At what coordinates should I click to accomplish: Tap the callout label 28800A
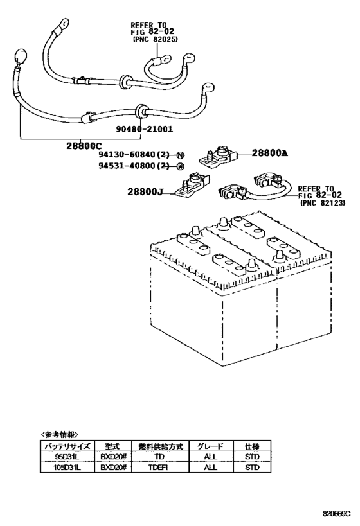pyautogui.click(x=270, y=152)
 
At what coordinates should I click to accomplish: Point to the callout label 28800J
pyautogui.click(x=148, y=191)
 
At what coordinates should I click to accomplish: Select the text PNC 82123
pyautogui.click(x=323, y=202)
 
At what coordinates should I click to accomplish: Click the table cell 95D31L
pyautogui.click(x=66, y=457)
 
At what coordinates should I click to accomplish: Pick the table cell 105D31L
pyautogui.click(x=66, y=468)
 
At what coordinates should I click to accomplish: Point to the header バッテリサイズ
pyautogui.click(x=66, y=446)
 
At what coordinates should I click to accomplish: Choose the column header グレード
pyautogui.click(x=210, y=446)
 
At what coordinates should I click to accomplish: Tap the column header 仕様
pyautogui.click(x=252, y=446)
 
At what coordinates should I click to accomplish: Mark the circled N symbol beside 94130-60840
pyautogui.click(x=180, y=155)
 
